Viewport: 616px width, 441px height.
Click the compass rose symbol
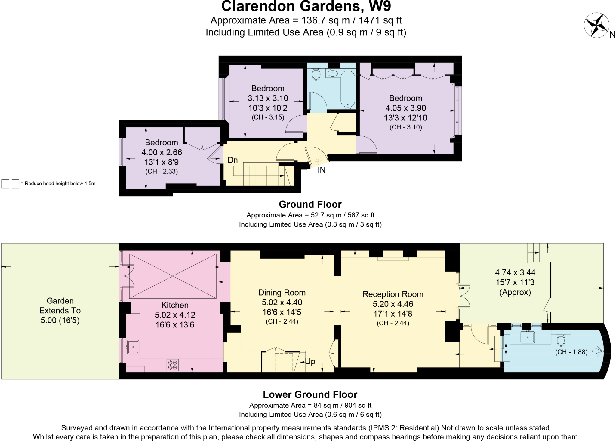tap(596, 25)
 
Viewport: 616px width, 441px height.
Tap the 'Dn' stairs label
tap(233, 160)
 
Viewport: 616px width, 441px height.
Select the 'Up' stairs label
tap(310, 361)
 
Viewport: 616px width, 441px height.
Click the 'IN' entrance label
tap(322, 170)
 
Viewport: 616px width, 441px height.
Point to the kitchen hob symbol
tap(173, 364)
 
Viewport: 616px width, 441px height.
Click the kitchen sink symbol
tap(133, 347)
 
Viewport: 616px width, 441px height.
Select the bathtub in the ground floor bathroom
tap(348, 90)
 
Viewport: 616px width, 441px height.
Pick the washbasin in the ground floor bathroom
tap(332, 73)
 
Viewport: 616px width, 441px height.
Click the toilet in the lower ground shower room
tap(561, 340)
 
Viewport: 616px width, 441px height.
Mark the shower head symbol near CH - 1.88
tap(599, 351)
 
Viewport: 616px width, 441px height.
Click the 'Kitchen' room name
tap(175, 305)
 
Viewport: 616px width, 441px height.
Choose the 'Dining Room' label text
tap(282, 293)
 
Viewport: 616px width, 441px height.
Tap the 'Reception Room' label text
tap(393, 294)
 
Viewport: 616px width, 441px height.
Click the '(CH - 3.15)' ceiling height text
tap(268, 117)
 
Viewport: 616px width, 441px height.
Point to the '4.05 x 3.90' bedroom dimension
tap(405, 108)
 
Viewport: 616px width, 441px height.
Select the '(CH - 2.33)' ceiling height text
tap(162, 172)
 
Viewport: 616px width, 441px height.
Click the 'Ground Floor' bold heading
tap(310, 204)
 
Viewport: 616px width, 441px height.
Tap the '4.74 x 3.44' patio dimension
tap(515, 272)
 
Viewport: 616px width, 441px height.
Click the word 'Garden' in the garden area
tap(60, 301)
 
